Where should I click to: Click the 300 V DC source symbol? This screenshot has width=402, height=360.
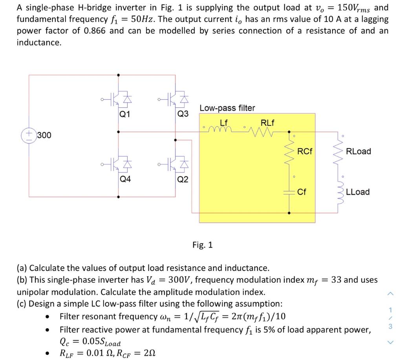pyautogui.click(x=29, y=135)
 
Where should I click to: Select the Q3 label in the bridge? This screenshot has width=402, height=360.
pyautogui.click(x=183, y=114)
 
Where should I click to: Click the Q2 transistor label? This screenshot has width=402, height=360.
pyautogui.click(x=183, y=180)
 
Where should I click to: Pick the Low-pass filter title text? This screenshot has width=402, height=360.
pyautogui.click(x=227, y=108)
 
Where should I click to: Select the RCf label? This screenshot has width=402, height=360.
pyautogui.click(x=305, y=151)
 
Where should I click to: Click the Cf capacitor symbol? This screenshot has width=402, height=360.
pyautogui.click(x=289, y=192)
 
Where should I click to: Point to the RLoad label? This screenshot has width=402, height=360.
pyautogui.click(x=358, y=151)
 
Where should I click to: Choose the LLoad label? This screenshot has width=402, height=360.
pyautogui.click(x=358, y=192)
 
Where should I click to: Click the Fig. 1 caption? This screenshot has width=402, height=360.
pyautogui.click(x=203, y=245)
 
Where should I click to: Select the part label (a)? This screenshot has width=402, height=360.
pyautogui.click(x=22, y=268)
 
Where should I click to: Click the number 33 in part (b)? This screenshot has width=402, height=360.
pyautogui.click(x=336, y=280)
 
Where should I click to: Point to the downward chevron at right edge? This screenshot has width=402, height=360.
pyautogui.click(x=390, y=342)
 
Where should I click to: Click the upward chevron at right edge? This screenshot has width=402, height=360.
pyautogui.click(x=390, y=293)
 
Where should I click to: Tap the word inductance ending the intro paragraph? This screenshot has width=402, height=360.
pyautogui.click(x=39, y=42)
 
